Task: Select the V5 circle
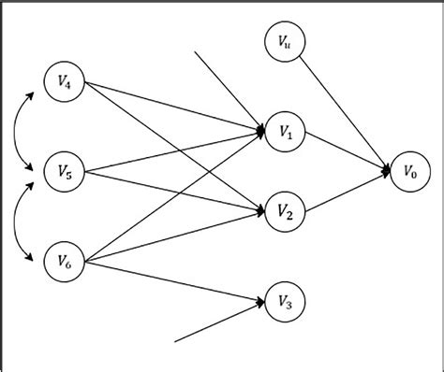[x=65, y=170]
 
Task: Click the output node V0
[x=409, y=170]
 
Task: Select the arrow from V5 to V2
[x=173, y=192]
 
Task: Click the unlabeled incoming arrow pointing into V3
[x=215, y=322]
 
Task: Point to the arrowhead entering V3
[x=259, y=301]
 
